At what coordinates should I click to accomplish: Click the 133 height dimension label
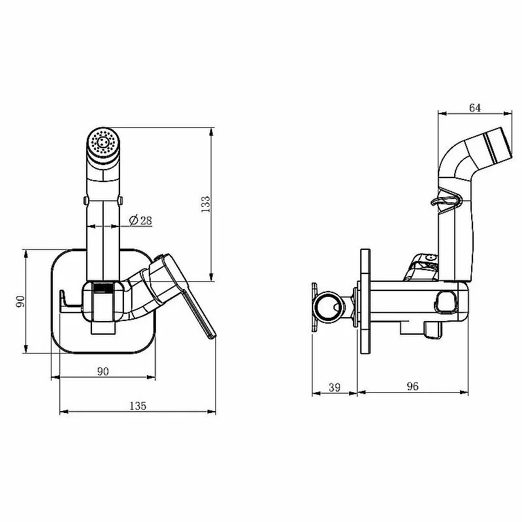click(x=206, y=204)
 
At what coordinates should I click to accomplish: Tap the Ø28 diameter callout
click(x=140, y=221)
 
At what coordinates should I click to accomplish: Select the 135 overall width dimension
click(x=138, y=406)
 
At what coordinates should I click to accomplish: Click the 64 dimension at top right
click(x=475, y=108)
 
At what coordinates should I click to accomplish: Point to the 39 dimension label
click(x=335, y=387)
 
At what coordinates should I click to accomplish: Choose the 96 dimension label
click(x=412, y=386)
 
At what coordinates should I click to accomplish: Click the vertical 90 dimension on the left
click(x=21, y=301)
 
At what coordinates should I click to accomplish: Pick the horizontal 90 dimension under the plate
click(x=103, y=371)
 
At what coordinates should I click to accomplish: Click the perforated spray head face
click(x=104, y=142)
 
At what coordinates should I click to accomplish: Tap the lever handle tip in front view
click(x=211, y=336)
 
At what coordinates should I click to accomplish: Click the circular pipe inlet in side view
click(x=330, y=307)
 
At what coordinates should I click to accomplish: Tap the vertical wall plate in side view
click(x=365, y=301)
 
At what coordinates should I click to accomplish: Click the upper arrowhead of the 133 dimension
click(x=211, y=132)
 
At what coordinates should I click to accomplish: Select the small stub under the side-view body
click(x=433, y=330)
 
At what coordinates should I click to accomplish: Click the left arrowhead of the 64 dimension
click(x=442, y=114)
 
